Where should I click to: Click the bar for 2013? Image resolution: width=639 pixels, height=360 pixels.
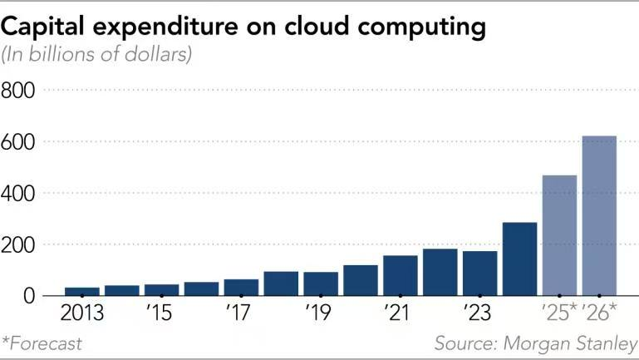81,291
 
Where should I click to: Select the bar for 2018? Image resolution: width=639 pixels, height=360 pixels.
281,284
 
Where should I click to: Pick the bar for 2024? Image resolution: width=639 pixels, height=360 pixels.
519,259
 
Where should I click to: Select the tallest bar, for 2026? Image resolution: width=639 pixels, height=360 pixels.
599,215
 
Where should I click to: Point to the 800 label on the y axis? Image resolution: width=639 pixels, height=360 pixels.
19,89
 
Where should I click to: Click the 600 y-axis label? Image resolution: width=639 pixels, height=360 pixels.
19,141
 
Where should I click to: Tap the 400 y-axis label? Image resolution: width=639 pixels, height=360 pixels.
19,193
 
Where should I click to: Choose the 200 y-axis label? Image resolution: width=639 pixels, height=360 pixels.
19,244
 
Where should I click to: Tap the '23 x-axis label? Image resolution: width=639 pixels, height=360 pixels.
480,315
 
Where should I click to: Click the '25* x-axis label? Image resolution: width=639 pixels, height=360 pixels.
559,315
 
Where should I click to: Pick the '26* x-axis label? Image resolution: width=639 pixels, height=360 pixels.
600,315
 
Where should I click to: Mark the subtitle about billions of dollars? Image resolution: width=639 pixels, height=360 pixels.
97,56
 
